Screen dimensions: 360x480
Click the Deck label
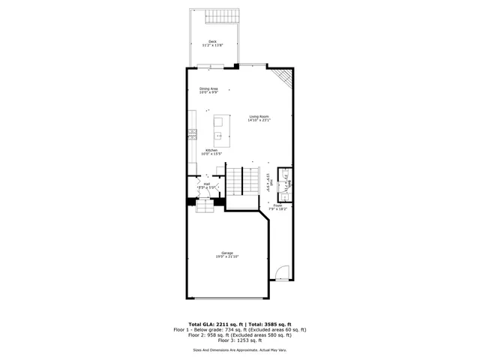213,41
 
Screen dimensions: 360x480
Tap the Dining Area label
208,88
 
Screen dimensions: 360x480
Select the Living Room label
259,115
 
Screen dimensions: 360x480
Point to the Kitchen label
211,150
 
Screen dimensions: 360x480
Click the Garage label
226,253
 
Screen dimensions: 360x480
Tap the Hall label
206,183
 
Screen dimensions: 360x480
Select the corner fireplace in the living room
282,76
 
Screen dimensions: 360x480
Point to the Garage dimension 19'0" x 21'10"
226,257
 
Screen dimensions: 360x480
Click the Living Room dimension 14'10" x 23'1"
259,120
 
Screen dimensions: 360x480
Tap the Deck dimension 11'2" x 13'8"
213,46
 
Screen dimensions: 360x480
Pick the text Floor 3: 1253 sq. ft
239,340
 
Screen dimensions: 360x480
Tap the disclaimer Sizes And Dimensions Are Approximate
225,349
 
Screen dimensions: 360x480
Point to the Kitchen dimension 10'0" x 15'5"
211,154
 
